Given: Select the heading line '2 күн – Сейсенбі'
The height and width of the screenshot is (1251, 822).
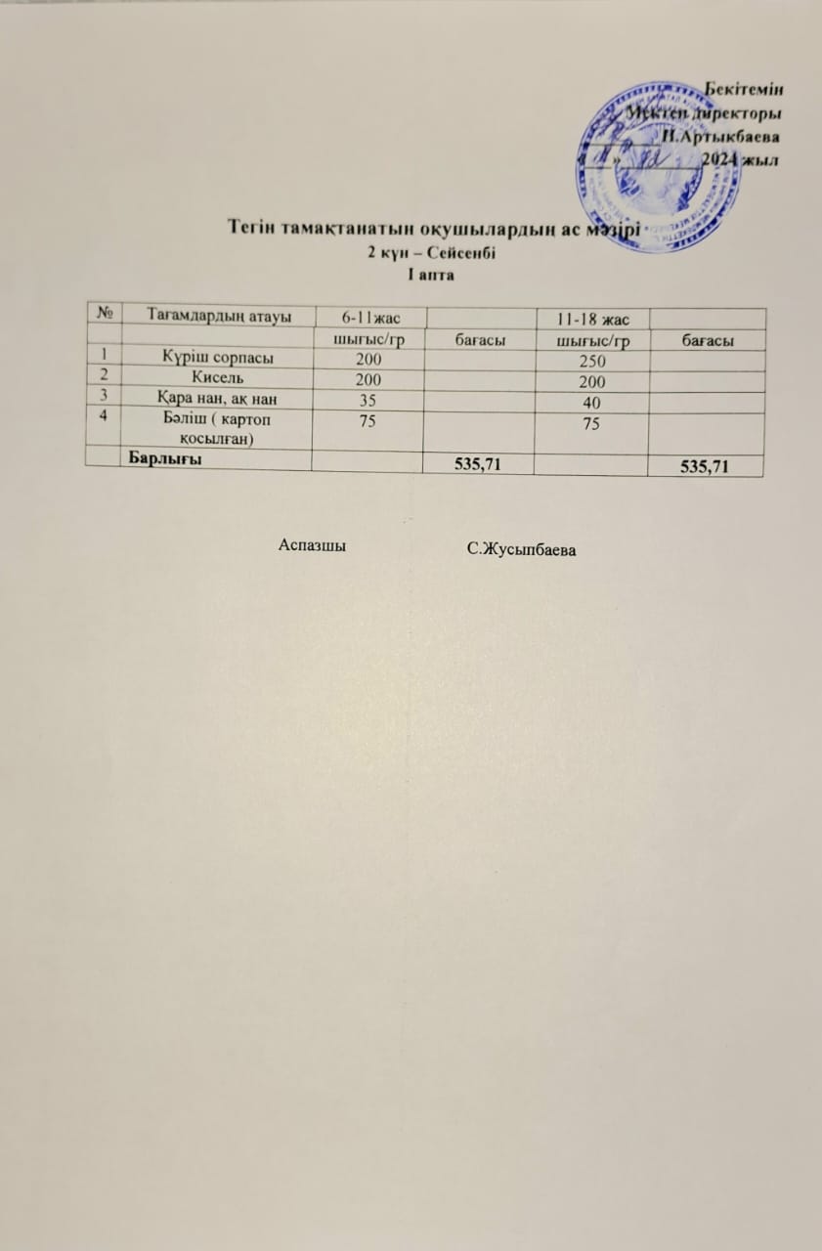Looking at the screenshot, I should click(431, 253).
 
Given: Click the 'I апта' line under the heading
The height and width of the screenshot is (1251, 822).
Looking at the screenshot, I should click(430, 274).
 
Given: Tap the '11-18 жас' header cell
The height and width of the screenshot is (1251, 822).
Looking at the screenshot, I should click(591, 320).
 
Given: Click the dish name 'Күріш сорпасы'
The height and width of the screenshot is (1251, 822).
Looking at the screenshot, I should click(217, 358).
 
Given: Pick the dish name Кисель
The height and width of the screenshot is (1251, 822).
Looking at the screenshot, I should click(217, 378).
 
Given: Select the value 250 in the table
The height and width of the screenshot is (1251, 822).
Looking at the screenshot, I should click(592, 362).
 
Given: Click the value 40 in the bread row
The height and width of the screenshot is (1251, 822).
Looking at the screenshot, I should click(591, 404).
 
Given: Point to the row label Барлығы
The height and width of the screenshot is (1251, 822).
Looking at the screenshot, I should click(161, 461).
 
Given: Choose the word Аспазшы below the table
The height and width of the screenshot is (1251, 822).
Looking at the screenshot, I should click(313, 545).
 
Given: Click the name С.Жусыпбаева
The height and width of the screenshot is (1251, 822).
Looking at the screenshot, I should click(520, 550).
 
